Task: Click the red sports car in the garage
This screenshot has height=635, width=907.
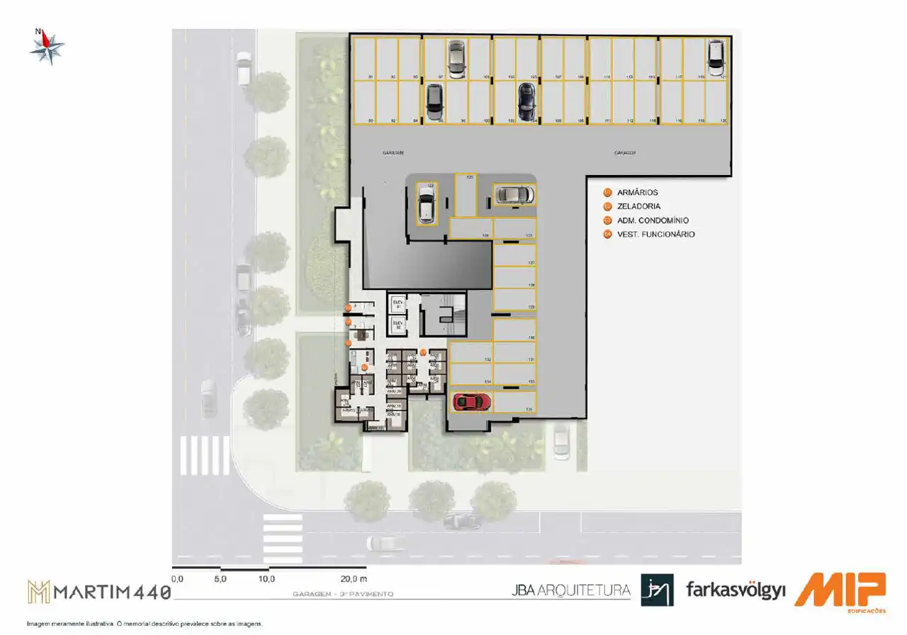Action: pos(472,402)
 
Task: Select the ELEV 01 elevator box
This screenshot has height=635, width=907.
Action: pos(398,303)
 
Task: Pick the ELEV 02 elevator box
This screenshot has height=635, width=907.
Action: pos(398,325)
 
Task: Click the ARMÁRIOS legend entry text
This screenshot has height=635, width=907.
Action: pos(638,193)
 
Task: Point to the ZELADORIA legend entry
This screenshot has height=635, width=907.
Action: pos(638,206)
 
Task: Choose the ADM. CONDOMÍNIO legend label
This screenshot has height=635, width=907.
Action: pos(652,220)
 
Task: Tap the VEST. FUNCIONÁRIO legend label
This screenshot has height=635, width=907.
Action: pos(655,234)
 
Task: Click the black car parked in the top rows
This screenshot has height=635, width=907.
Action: pos(526,102)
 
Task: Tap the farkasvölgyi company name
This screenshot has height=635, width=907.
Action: pos(736,590)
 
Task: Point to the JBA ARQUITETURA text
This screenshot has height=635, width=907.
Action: pos(570,590)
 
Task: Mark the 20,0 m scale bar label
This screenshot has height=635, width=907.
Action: pos(353,579)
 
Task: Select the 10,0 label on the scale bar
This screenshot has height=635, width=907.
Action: pos(266,579)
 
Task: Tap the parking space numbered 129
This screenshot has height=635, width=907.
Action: pos(514,299)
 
